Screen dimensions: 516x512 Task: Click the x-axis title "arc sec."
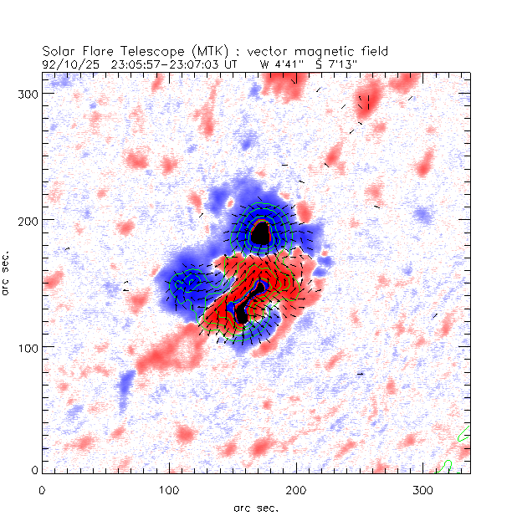click(x=255, y=507)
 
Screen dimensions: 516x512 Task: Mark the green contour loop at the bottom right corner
click(x=446, y=464)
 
